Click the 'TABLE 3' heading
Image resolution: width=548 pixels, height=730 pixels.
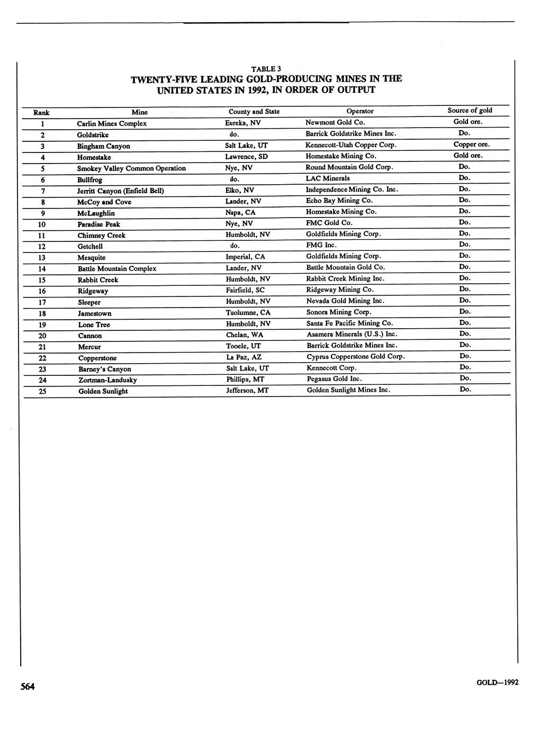pos(266,69)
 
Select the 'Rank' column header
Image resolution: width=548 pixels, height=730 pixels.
pos(41,112)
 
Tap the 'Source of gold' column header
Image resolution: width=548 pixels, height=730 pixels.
pos(470,111)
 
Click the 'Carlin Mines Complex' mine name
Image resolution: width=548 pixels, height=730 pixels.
pos(112,123)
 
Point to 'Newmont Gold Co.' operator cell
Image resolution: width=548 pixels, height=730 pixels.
pos(335,122)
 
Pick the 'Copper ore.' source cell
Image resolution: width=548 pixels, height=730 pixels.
pos(471,144)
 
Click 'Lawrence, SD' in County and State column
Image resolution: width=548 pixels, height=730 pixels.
pos(246,157)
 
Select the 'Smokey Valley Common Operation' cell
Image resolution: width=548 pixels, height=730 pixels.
pos(131,168)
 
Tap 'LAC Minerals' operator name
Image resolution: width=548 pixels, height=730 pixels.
pos(328,178)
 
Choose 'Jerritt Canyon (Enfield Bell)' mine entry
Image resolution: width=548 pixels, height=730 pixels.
pos(121,191)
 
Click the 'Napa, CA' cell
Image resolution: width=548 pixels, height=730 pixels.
pos(240,212)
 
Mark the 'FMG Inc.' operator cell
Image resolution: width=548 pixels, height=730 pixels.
pos(321,245)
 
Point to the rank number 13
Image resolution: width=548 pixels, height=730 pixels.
pos(42,258)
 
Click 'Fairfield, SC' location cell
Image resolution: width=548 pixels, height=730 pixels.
pos(245,290)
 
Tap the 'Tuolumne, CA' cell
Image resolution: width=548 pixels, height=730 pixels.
pos(248,312)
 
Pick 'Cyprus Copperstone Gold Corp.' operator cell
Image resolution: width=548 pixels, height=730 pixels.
pos(356,356)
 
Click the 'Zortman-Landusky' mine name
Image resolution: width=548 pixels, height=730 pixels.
pos(107,380)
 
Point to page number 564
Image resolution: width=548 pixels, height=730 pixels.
pos(28,687)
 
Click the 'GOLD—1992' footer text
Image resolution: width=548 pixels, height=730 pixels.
pos(497,682)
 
